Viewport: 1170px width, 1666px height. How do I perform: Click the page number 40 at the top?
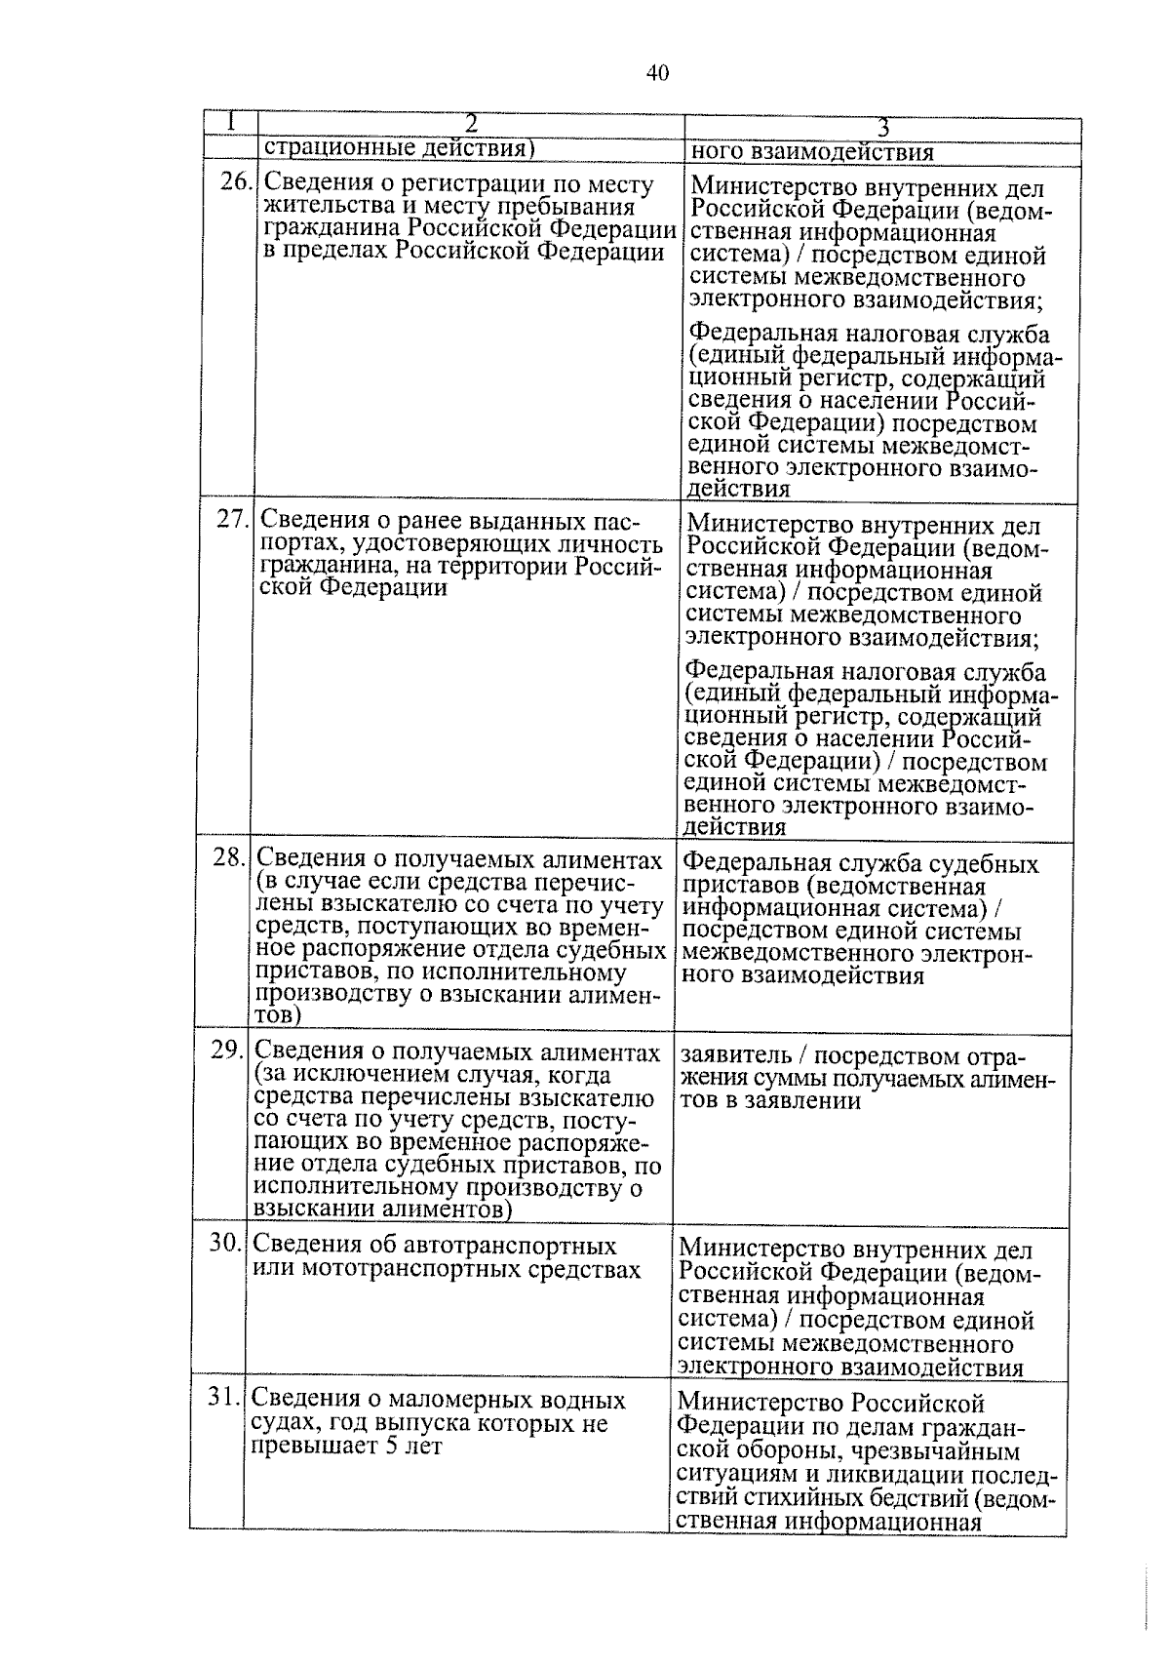click(657, 73)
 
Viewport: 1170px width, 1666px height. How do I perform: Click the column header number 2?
click(470, 124)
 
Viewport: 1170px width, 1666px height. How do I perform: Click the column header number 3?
click(882, 128)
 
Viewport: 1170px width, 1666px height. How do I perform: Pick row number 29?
click(227, 1050)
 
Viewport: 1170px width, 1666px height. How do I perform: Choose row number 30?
click(225, 1244)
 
